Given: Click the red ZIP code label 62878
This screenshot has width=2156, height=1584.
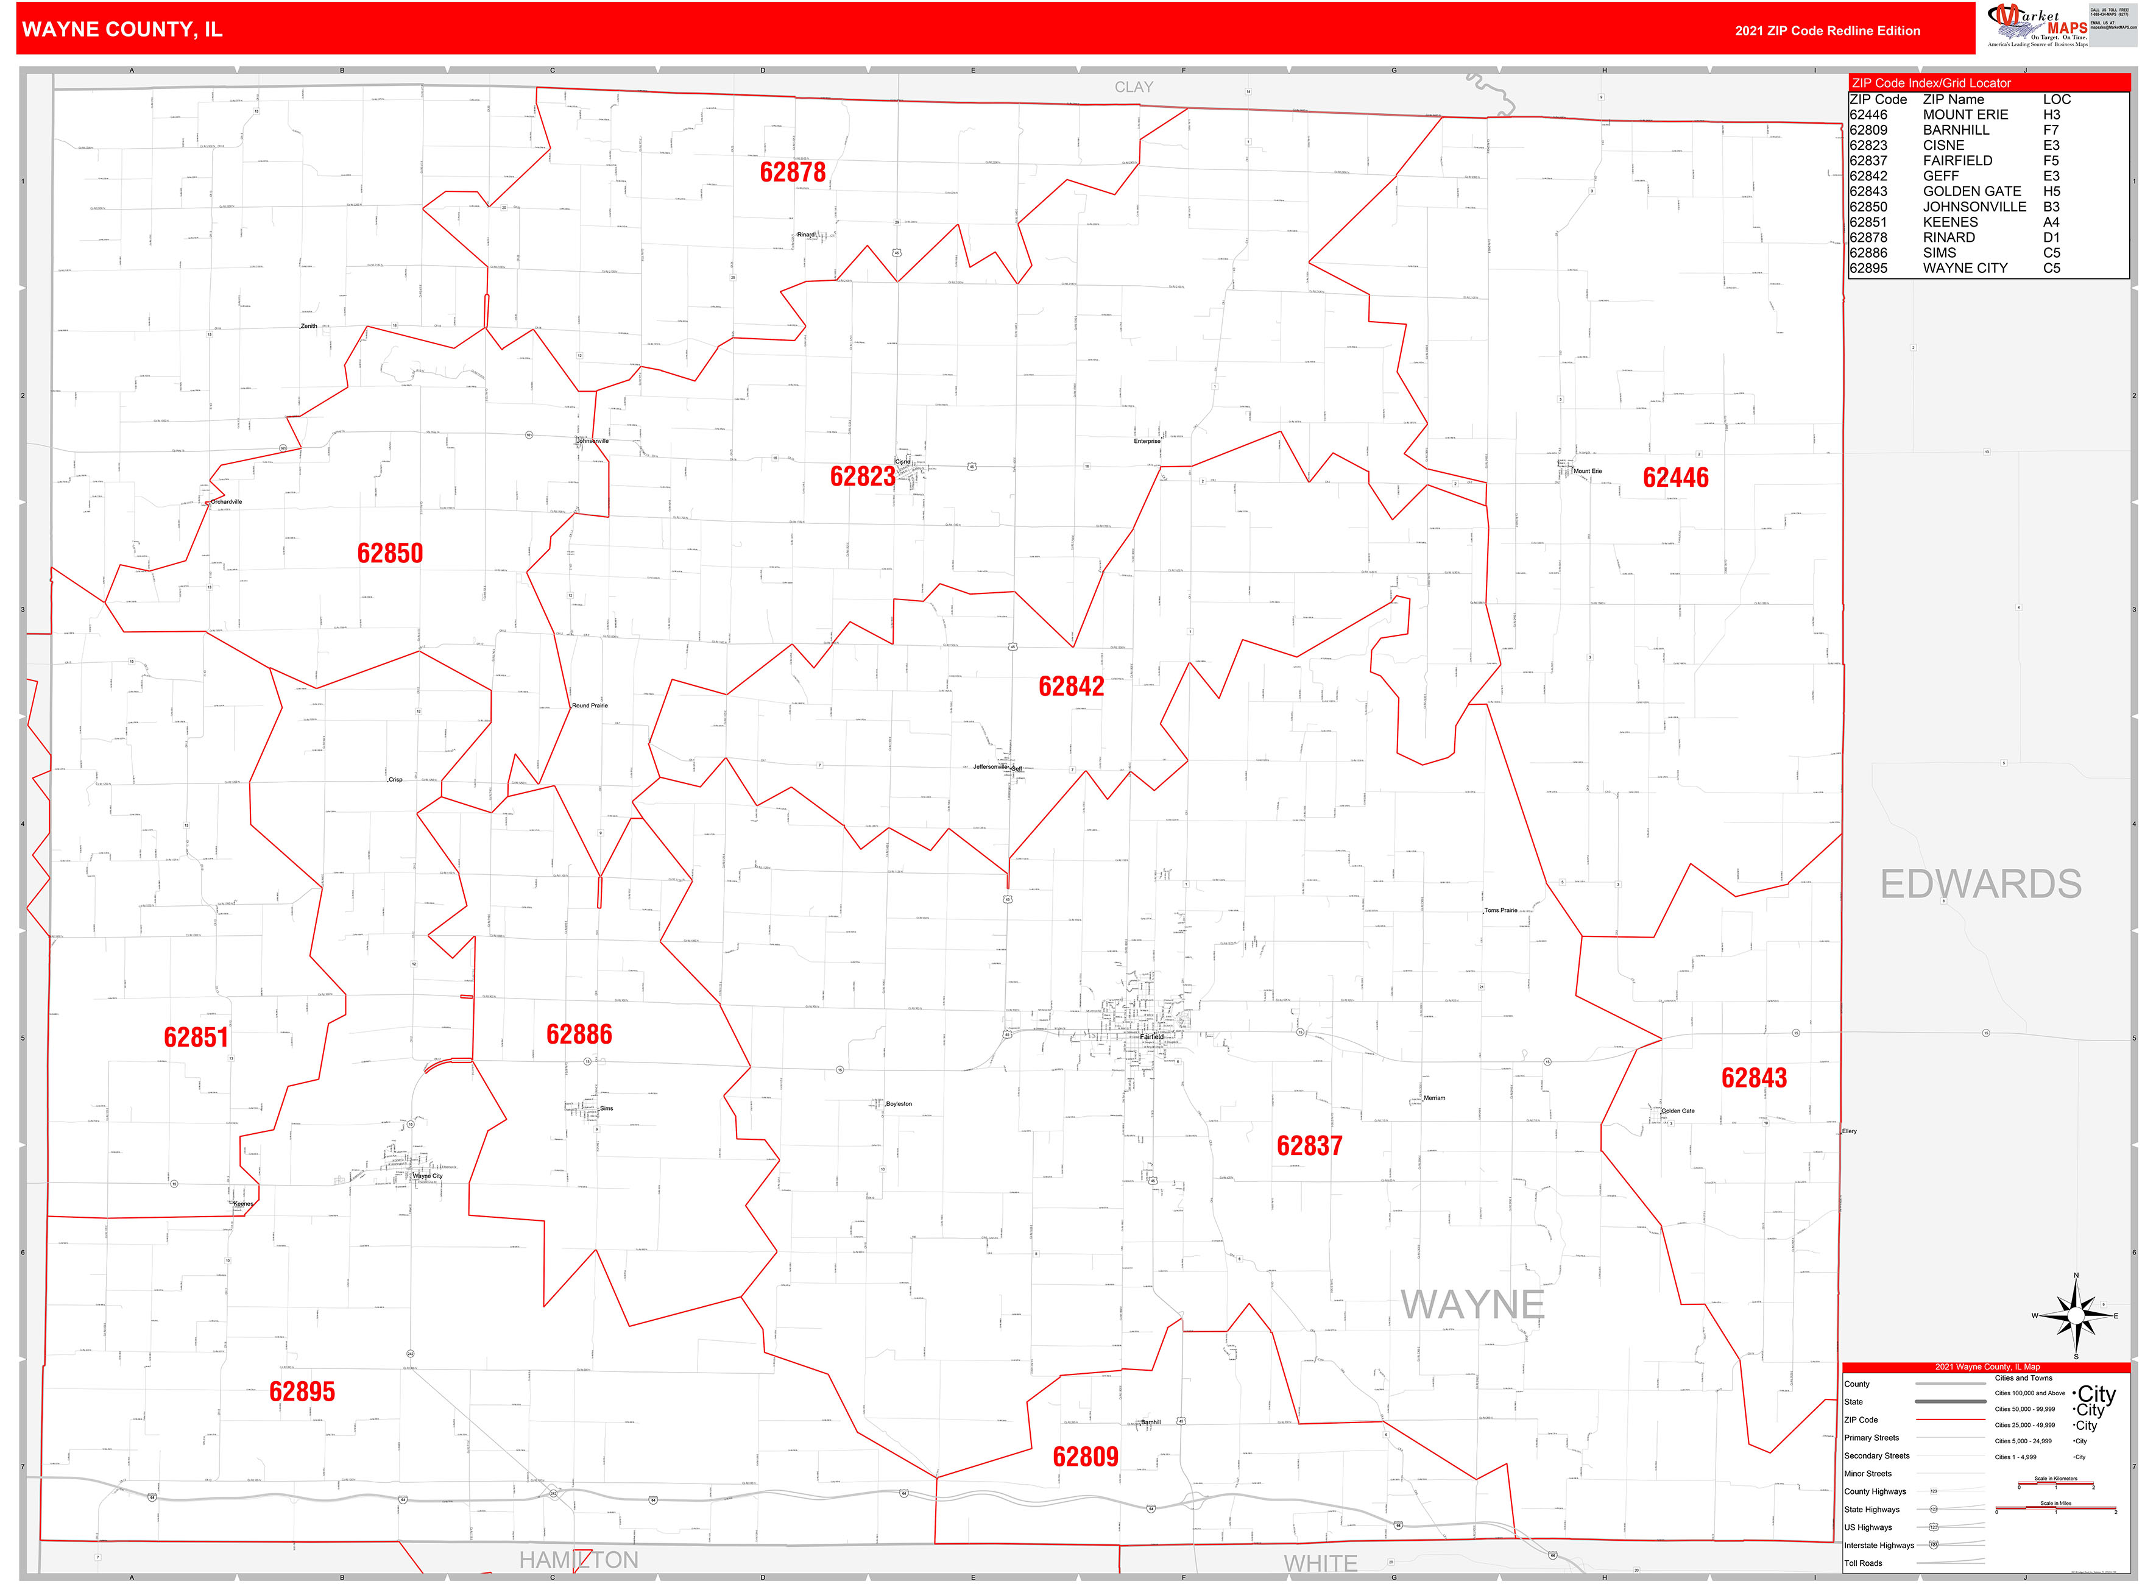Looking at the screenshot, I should (x=792, y=172).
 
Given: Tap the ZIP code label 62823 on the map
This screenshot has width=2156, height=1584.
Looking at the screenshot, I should (x=862, y=476).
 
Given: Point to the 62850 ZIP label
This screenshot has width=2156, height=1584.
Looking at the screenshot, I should (x=389, y=553).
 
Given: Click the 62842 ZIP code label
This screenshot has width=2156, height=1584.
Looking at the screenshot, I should (x=1071, y=687).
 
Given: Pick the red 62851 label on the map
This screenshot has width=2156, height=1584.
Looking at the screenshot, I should (x=196, y=1038).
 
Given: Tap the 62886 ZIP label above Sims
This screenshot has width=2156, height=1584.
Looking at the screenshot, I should (x=578, y=1034).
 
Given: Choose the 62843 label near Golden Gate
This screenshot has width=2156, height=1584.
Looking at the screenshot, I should (x=1753, y=1078).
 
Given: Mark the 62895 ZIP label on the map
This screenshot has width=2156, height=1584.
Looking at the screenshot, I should (x=302, y=1392).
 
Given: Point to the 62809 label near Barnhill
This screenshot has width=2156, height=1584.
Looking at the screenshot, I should (x=1085, y=1457).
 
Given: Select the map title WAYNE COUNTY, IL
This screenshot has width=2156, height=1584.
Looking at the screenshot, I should (x=122, y=30).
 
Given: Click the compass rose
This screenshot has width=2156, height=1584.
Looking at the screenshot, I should (x=2076, y=1315).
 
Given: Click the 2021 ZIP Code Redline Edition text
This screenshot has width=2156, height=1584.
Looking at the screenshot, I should (x=1826, y=30).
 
